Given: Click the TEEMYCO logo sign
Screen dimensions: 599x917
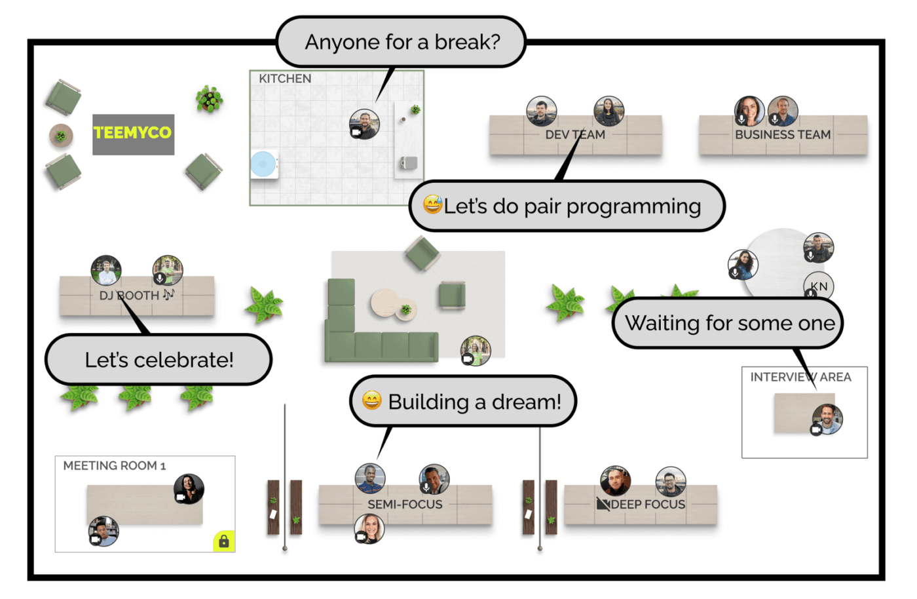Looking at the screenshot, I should [133, 134].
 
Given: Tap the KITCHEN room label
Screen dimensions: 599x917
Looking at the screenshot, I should [285, 79].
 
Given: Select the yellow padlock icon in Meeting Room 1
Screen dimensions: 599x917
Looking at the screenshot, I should [224, 541].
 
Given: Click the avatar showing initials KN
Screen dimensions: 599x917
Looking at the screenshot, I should [819, 286].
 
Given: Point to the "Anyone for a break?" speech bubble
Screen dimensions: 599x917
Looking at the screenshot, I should [402, 42].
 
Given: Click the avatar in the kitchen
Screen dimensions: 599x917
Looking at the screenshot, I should [364, 124].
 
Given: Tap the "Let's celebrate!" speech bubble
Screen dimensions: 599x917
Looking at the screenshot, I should [159, 360].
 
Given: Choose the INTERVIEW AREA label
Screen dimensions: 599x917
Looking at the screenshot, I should [800, 377].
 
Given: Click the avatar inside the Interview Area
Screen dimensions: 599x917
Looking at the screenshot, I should [827, 419].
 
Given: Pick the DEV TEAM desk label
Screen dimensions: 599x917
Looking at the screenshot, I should [575, 134].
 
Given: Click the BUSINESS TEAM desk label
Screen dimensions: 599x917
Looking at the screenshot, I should [783, 134].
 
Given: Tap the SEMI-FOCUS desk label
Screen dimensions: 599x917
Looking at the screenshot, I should [405, 504].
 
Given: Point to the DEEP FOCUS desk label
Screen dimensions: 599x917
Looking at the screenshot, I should [648, 504].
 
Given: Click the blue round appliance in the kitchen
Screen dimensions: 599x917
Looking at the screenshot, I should [263, 164].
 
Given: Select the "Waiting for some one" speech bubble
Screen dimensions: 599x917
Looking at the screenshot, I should [728, 323].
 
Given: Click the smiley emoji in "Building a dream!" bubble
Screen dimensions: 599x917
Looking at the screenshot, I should [372, 400].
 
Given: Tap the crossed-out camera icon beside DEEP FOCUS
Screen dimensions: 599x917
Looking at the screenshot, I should [603, 504].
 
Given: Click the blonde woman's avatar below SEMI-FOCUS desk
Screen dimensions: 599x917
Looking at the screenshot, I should [369, 528].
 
